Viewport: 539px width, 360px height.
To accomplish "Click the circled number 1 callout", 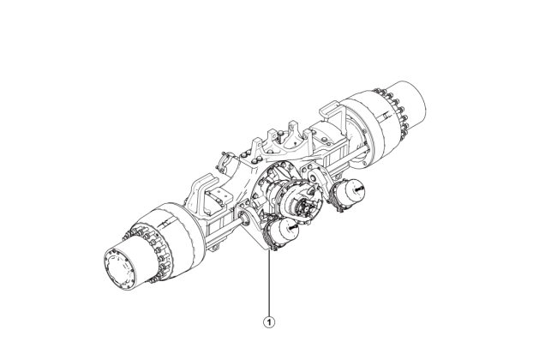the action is tap(269, 322).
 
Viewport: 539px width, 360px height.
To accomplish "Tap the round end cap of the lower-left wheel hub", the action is tap(120, 267).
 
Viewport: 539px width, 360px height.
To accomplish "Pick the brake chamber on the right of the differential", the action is tap(348, 195).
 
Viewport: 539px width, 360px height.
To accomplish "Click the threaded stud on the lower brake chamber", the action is tap(292, 227).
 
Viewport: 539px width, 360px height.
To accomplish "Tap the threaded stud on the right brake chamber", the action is tap(359, 189).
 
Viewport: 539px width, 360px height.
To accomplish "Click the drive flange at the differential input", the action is tap(302, 203).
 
